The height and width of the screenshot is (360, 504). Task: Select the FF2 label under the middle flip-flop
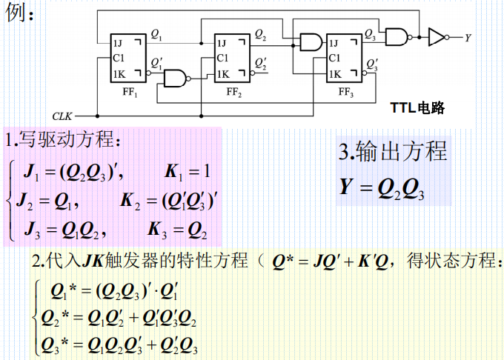(x=234, y=93)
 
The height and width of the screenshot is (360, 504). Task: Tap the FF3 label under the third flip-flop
(x=346, y=93)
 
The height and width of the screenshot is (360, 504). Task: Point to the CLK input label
(x=62, y=116)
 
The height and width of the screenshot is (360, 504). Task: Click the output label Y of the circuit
(x=468, y=36)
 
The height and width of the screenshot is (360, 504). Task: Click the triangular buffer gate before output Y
(x=437, y=36)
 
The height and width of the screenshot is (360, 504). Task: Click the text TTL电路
(x=418, y=108)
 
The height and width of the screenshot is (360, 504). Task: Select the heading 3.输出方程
(x=393, y=152)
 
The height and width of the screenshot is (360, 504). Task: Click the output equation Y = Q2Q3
(x=382, y=188)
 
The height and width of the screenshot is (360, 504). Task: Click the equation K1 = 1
(x=188, y=172)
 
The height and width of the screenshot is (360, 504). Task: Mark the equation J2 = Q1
(x=52, y=201)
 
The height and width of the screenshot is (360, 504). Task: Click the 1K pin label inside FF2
(x=222, y=73)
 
